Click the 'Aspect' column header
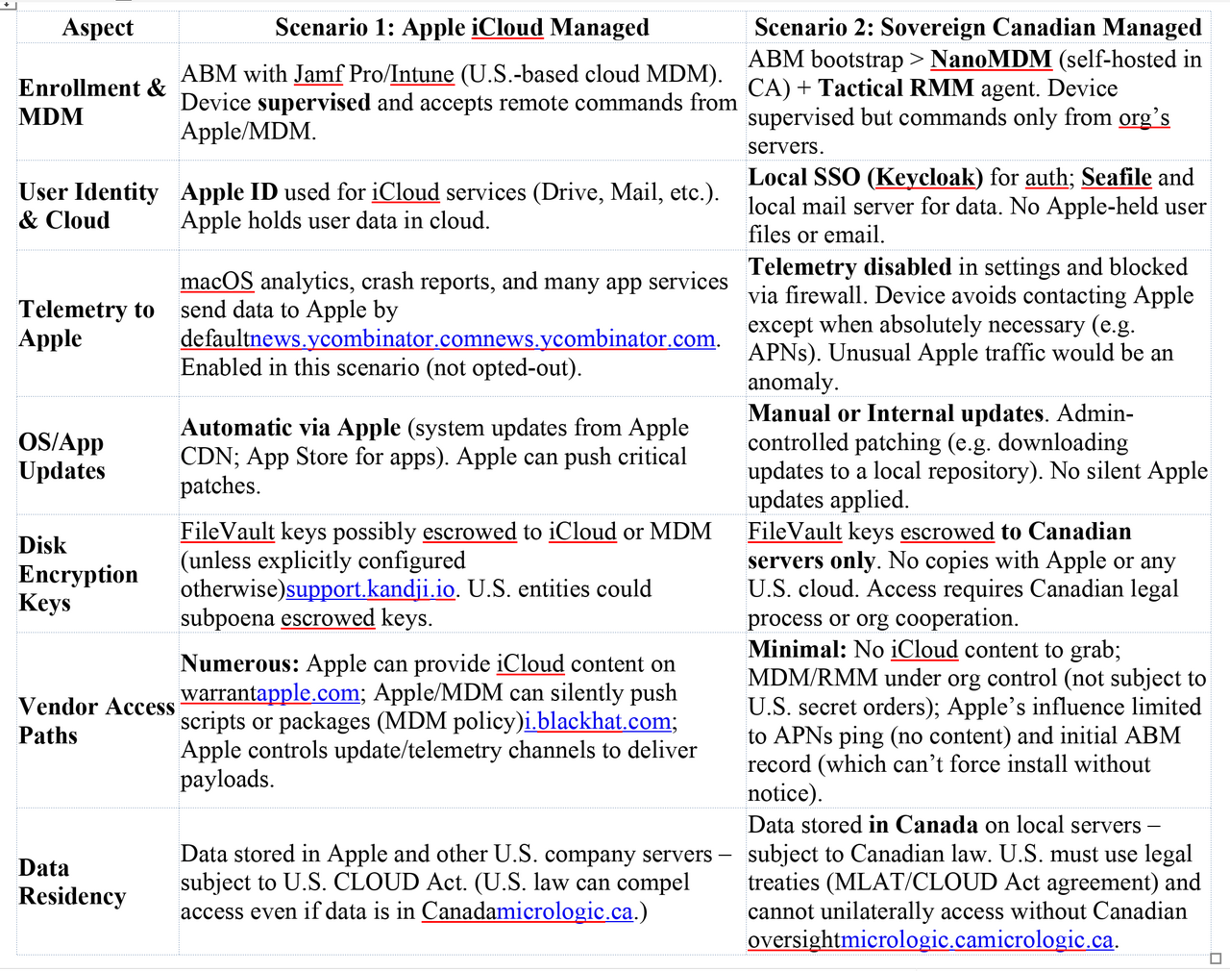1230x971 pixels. (97, 28)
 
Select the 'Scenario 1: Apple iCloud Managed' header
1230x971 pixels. (461, 28)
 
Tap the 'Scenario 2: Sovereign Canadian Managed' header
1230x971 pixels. (977, 28)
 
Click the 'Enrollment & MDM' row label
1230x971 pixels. (92, 103)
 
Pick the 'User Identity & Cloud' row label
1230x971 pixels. (88, 206)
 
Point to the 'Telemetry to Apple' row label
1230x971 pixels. (86, 324)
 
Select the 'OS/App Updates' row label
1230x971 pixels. (61, 457)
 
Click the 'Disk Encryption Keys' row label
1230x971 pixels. (78, 574)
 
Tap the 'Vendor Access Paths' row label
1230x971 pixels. (96, 721)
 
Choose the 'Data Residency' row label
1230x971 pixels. (72, 882)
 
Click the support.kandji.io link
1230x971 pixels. (370, 589)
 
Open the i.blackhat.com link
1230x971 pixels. (598, 722)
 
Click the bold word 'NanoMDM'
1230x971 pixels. (991, 60)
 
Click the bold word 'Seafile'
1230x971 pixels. (1116, 178)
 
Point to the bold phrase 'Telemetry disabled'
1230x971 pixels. (849, 267)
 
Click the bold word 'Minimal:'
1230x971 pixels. (797, 650)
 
